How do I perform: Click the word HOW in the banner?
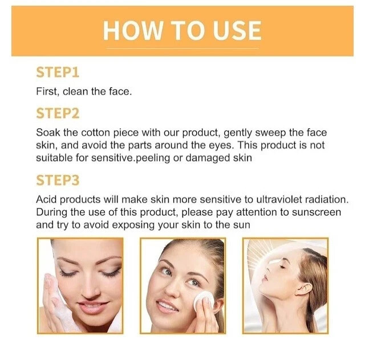[x=133, y=30]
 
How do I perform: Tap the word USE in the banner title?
[x=237, y=30]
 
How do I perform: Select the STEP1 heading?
[x=58, y=72]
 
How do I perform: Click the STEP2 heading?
[x=58, y=113]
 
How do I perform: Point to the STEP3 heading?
[x=58, y=180]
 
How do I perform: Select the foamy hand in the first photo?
[x=55, y=305]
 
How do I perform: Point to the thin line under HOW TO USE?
[x=182, y=48]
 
